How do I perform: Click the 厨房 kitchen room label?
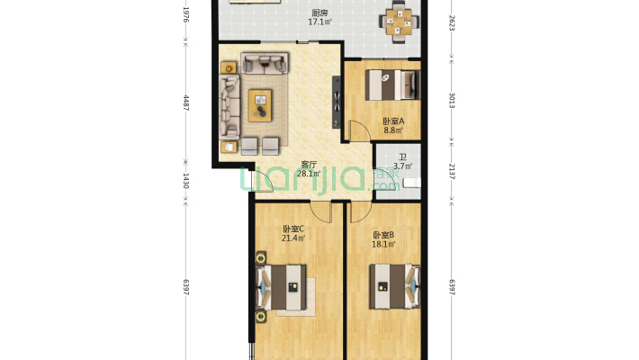[319, 13]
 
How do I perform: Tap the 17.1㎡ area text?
[319, 22]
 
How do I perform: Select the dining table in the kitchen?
[400, 22]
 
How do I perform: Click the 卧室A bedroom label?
[393, 121]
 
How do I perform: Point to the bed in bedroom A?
[392, 85]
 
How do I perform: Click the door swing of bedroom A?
[360, 131]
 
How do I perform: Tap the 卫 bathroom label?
[402, 157]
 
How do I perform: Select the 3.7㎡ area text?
[402, 166]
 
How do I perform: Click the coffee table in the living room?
[260, 105]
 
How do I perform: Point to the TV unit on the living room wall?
[337, 102]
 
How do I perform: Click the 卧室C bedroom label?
[293, 229]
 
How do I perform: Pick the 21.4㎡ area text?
[293, 238]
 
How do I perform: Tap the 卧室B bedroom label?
[383, 235]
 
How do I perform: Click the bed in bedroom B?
[394, 286]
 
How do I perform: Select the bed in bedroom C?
[281, 287]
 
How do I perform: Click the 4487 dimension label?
[185, 103]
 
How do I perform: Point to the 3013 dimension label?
[452, 100]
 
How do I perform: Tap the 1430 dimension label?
[185, 181]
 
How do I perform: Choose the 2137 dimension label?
[452, 171]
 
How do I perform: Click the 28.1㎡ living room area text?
[309, 174]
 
